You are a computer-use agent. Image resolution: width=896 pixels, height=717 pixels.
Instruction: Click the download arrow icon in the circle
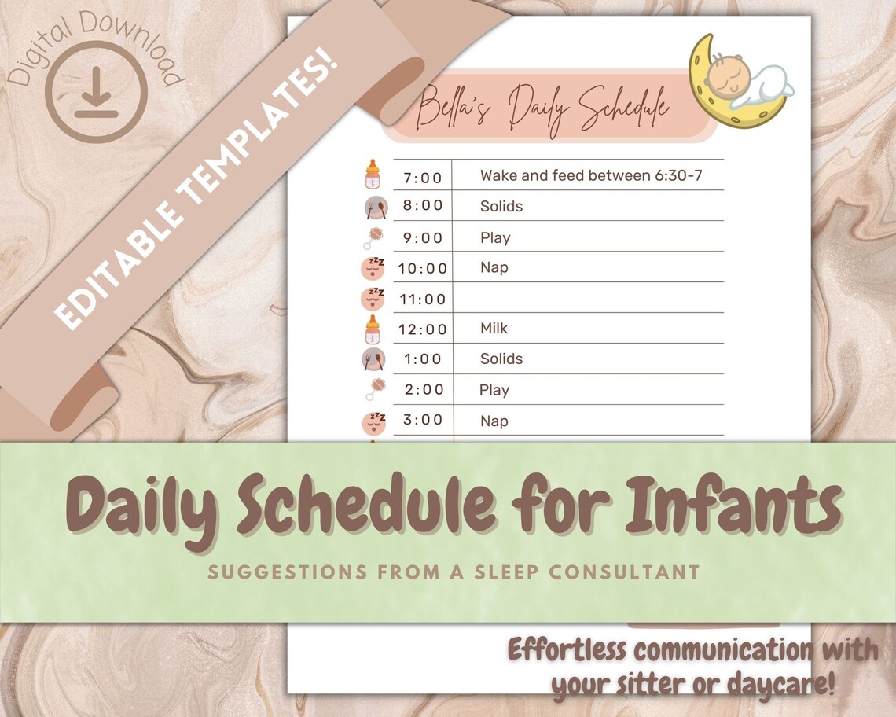(96, 92)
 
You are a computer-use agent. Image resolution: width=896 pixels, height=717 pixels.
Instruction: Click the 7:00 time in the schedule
(423, 177)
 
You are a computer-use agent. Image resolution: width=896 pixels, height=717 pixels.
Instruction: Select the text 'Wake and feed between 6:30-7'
(591, 175)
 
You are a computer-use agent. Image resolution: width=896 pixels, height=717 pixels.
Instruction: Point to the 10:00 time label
(423, 268)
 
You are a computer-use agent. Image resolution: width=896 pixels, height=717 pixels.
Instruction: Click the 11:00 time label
(423, 299)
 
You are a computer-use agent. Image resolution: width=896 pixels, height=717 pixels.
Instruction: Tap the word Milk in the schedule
(494, 328)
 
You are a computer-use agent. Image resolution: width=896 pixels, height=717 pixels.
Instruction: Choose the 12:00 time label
(423, 329)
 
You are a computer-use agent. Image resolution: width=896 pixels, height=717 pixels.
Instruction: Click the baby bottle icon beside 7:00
(373, 175)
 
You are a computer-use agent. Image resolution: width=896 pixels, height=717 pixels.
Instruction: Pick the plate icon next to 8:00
(373, 207)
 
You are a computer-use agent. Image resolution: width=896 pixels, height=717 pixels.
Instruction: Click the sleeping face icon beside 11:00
(373, 299)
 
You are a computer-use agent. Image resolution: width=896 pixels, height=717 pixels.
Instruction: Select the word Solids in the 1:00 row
(501, 358)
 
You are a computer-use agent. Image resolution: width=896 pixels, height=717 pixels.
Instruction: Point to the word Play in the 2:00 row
(494, 390)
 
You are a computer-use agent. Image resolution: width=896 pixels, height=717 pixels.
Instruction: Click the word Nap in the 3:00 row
(494, 421)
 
